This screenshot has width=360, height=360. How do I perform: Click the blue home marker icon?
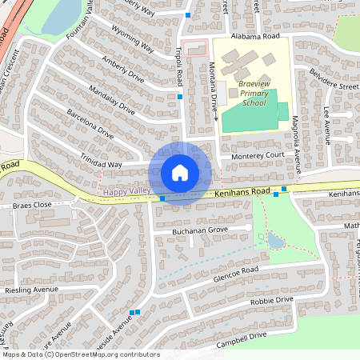point(180,173)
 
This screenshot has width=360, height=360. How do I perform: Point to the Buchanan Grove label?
point(200,231)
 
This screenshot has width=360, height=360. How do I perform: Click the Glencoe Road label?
point(236,274)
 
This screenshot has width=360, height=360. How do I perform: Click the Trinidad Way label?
point(100,164)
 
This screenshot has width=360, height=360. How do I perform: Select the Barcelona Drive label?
point(90,125)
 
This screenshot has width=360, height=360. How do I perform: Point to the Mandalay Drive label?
point(114,102)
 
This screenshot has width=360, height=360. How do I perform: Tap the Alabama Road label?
point(254,37)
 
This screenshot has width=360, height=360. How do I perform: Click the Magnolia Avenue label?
point(295,139)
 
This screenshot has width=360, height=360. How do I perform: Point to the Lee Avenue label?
point(326,121)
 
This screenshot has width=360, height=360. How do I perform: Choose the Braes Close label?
point(32,206)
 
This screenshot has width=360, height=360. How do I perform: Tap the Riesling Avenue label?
point(32,289)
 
